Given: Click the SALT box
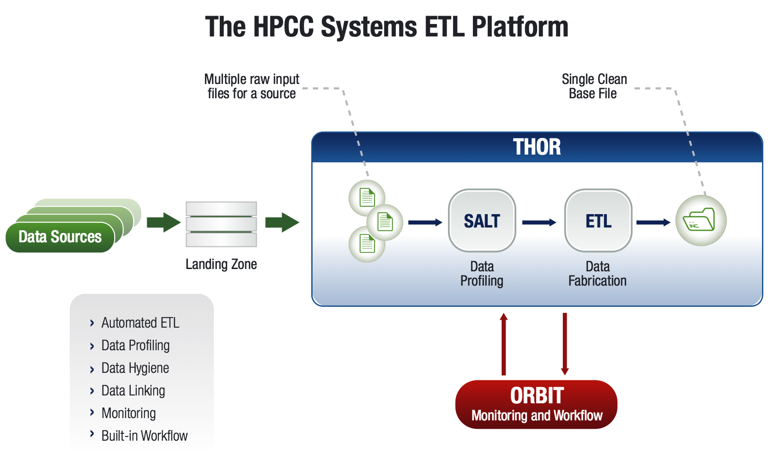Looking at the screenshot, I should pos(482,221).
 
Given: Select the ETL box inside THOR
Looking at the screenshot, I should pos(598,221).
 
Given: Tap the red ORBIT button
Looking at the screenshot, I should pos(536,404).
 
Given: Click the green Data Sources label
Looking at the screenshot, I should pos(60,237).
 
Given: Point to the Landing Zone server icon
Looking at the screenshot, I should pos(221,224).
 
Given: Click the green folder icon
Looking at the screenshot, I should pos(701,221).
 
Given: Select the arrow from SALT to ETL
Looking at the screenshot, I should pos(539,222).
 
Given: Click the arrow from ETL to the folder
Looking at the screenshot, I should pos(653,222).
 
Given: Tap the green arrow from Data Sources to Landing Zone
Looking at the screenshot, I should pos(163,222).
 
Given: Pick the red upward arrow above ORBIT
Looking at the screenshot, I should pos(504,343).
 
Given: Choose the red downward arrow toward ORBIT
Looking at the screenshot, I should pos(564,343).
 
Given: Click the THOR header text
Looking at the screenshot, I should pos(537,147).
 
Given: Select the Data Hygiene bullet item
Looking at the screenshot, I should pos(135,368).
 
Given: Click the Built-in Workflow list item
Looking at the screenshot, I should pos(144,436).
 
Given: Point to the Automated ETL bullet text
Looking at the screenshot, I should pos(140,323).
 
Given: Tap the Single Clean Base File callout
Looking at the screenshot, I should pos(594,86).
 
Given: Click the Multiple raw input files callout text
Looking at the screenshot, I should pos(252,86).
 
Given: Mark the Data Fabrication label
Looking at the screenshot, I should pos(597,274).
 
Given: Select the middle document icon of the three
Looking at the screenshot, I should pos(385,222).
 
